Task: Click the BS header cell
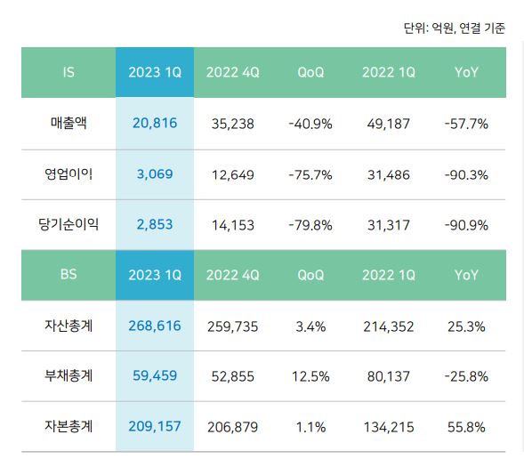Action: click(x=69, y=275)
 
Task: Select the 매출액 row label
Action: click(x=69, y=124)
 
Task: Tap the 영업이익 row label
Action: click(x=69, y=174)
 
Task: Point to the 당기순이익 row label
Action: click(x=69, y=224)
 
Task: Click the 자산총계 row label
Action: click(x=69, y=326)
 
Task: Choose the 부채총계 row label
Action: click(x=69, y=376)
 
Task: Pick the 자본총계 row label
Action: click(x=69, y=427)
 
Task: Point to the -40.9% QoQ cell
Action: click(x=310, y=124)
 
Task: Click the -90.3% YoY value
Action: click(x=466, y=174)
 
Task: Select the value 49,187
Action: click(x=389, y=124)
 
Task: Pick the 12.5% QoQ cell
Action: click(x=310, y=376)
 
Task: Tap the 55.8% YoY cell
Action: click(x=466, y=427)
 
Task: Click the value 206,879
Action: click(x=232, y=427)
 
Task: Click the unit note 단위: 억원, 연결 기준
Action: click(x=454, y=28)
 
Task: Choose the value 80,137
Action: click(x=389, y=376)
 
